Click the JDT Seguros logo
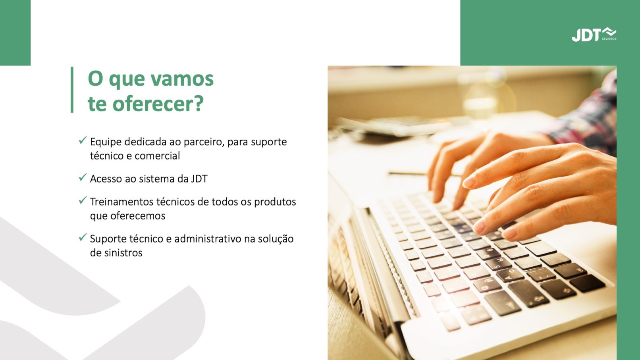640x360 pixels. click(x=594, y=34)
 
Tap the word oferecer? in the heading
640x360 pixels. click(x=158, y=104)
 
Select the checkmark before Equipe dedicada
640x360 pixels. click(x=83, y=140)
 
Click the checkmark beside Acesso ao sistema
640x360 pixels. click(x=83, y=177)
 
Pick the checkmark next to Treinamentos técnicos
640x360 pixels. click(x=83, y=200)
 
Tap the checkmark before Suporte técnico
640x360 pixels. click(x=83, y=237)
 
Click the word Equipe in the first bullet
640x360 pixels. click(x=106, y=142)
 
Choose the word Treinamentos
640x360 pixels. click(x=121, y=202)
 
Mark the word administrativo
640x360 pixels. click(x=208, y=239)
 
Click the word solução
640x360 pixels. click(x=276, y=239)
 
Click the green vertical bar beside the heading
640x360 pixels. click(x=72, y=90)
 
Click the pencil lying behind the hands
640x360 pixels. click(x=409, y=173)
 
